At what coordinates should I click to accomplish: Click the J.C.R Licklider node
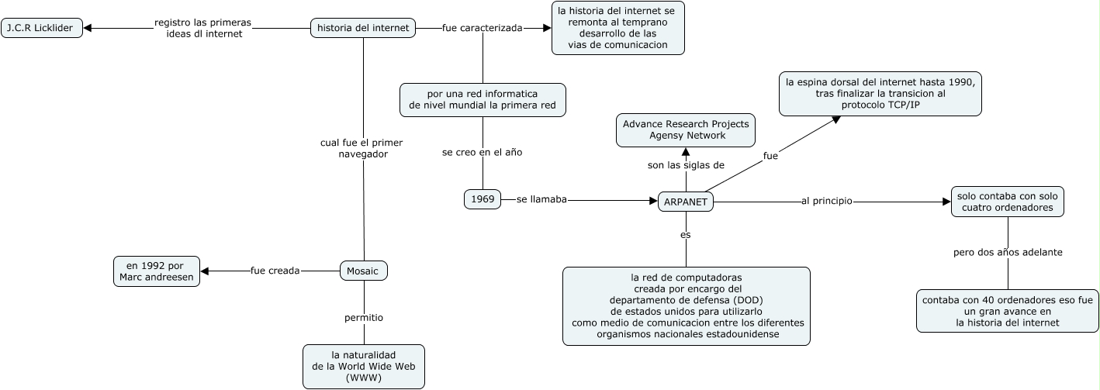[x=42, y=28]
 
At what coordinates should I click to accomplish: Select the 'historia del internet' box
[x=363, y=28]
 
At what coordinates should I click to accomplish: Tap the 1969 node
[x=483, y=199]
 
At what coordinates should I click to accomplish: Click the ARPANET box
[x=687, y=202]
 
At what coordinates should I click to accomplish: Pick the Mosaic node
[x=363, y=271]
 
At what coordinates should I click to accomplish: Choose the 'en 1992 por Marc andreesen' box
[x=157, y=271]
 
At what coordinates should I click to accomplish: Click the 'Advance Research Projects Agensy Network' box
[x=686, y=129]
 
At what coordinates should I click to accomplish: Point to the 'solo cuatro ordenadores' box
[x=1008, y=202]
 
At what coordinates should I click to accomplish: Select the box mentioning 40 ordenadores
[x=1007, y=310]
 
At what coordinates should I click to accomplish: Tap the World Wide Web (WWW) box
[x=364, y=366]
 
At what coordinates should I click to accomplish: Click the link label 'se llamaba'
[x=542, y=199]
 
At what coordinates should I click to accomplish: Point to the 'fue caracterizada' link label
[x=482, y=28]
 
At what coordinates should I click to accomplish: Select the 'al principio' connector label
[x=827, y=202]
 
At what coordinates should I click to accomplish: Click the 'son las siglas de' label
[x=686, y=165]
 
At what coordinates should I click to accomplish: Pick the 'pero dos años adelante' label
[x=1008, y=252]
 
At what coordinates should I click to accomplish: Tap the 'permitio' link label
[x=364, y=317]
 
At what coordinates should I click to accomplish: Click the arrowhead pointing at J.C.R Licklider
[x=88, y=28]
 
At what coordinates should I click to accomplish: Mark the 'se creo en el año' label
[x=483, y=153]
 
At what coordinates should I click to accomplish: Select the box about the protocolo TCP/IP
[x=880, y=93]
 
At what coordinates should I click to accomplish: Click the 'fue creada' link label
[x=275, y=271]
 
